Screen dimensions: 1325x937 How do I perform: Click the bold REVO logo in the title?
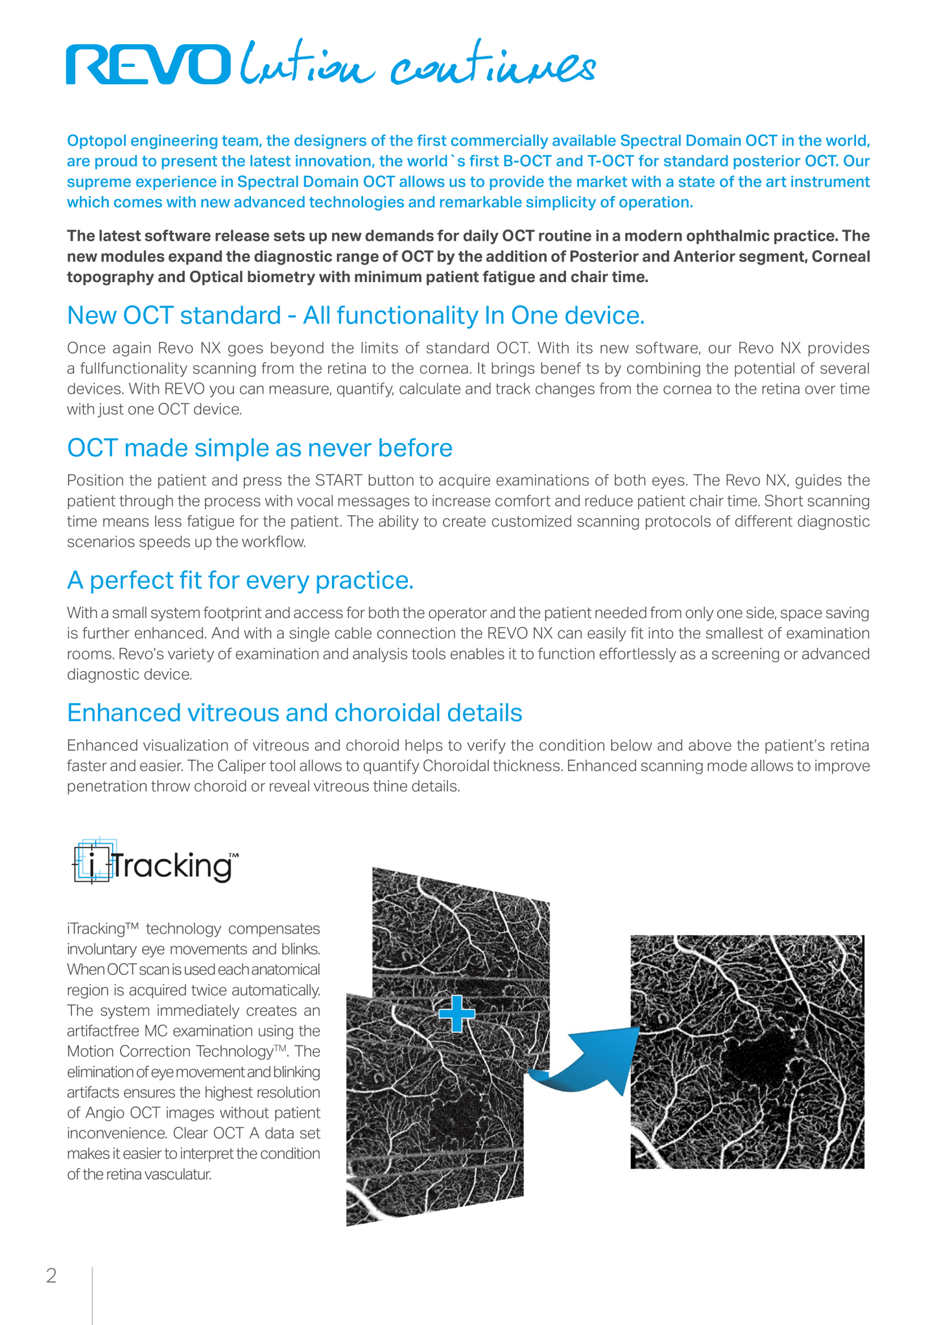pos(148,65)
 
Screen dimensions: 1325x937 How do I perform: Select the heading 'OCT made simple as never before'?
pos(259,448)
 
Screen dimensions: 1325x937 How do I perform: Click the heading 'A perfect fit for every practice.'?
pos(240,580)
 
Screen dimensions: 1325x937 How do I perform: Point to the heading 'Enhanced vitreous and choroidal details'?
pos(294,713)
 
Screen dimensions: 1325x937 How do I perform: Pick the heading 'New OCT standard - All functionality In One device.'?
pos(355,316)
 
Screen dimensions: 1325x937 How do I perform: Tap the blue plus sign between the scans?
pos(457,1013)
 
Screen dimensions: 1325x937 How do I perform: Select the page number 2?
pos(51,1276)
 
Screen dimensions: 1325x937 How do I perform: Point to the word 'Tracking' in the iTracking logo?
pos(172,866)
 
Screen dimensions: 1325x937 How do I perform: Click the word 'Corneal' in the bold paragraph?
pos(840,257)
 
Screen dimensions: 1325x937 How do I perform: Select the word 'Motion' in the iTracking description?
pos(88,1051)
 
